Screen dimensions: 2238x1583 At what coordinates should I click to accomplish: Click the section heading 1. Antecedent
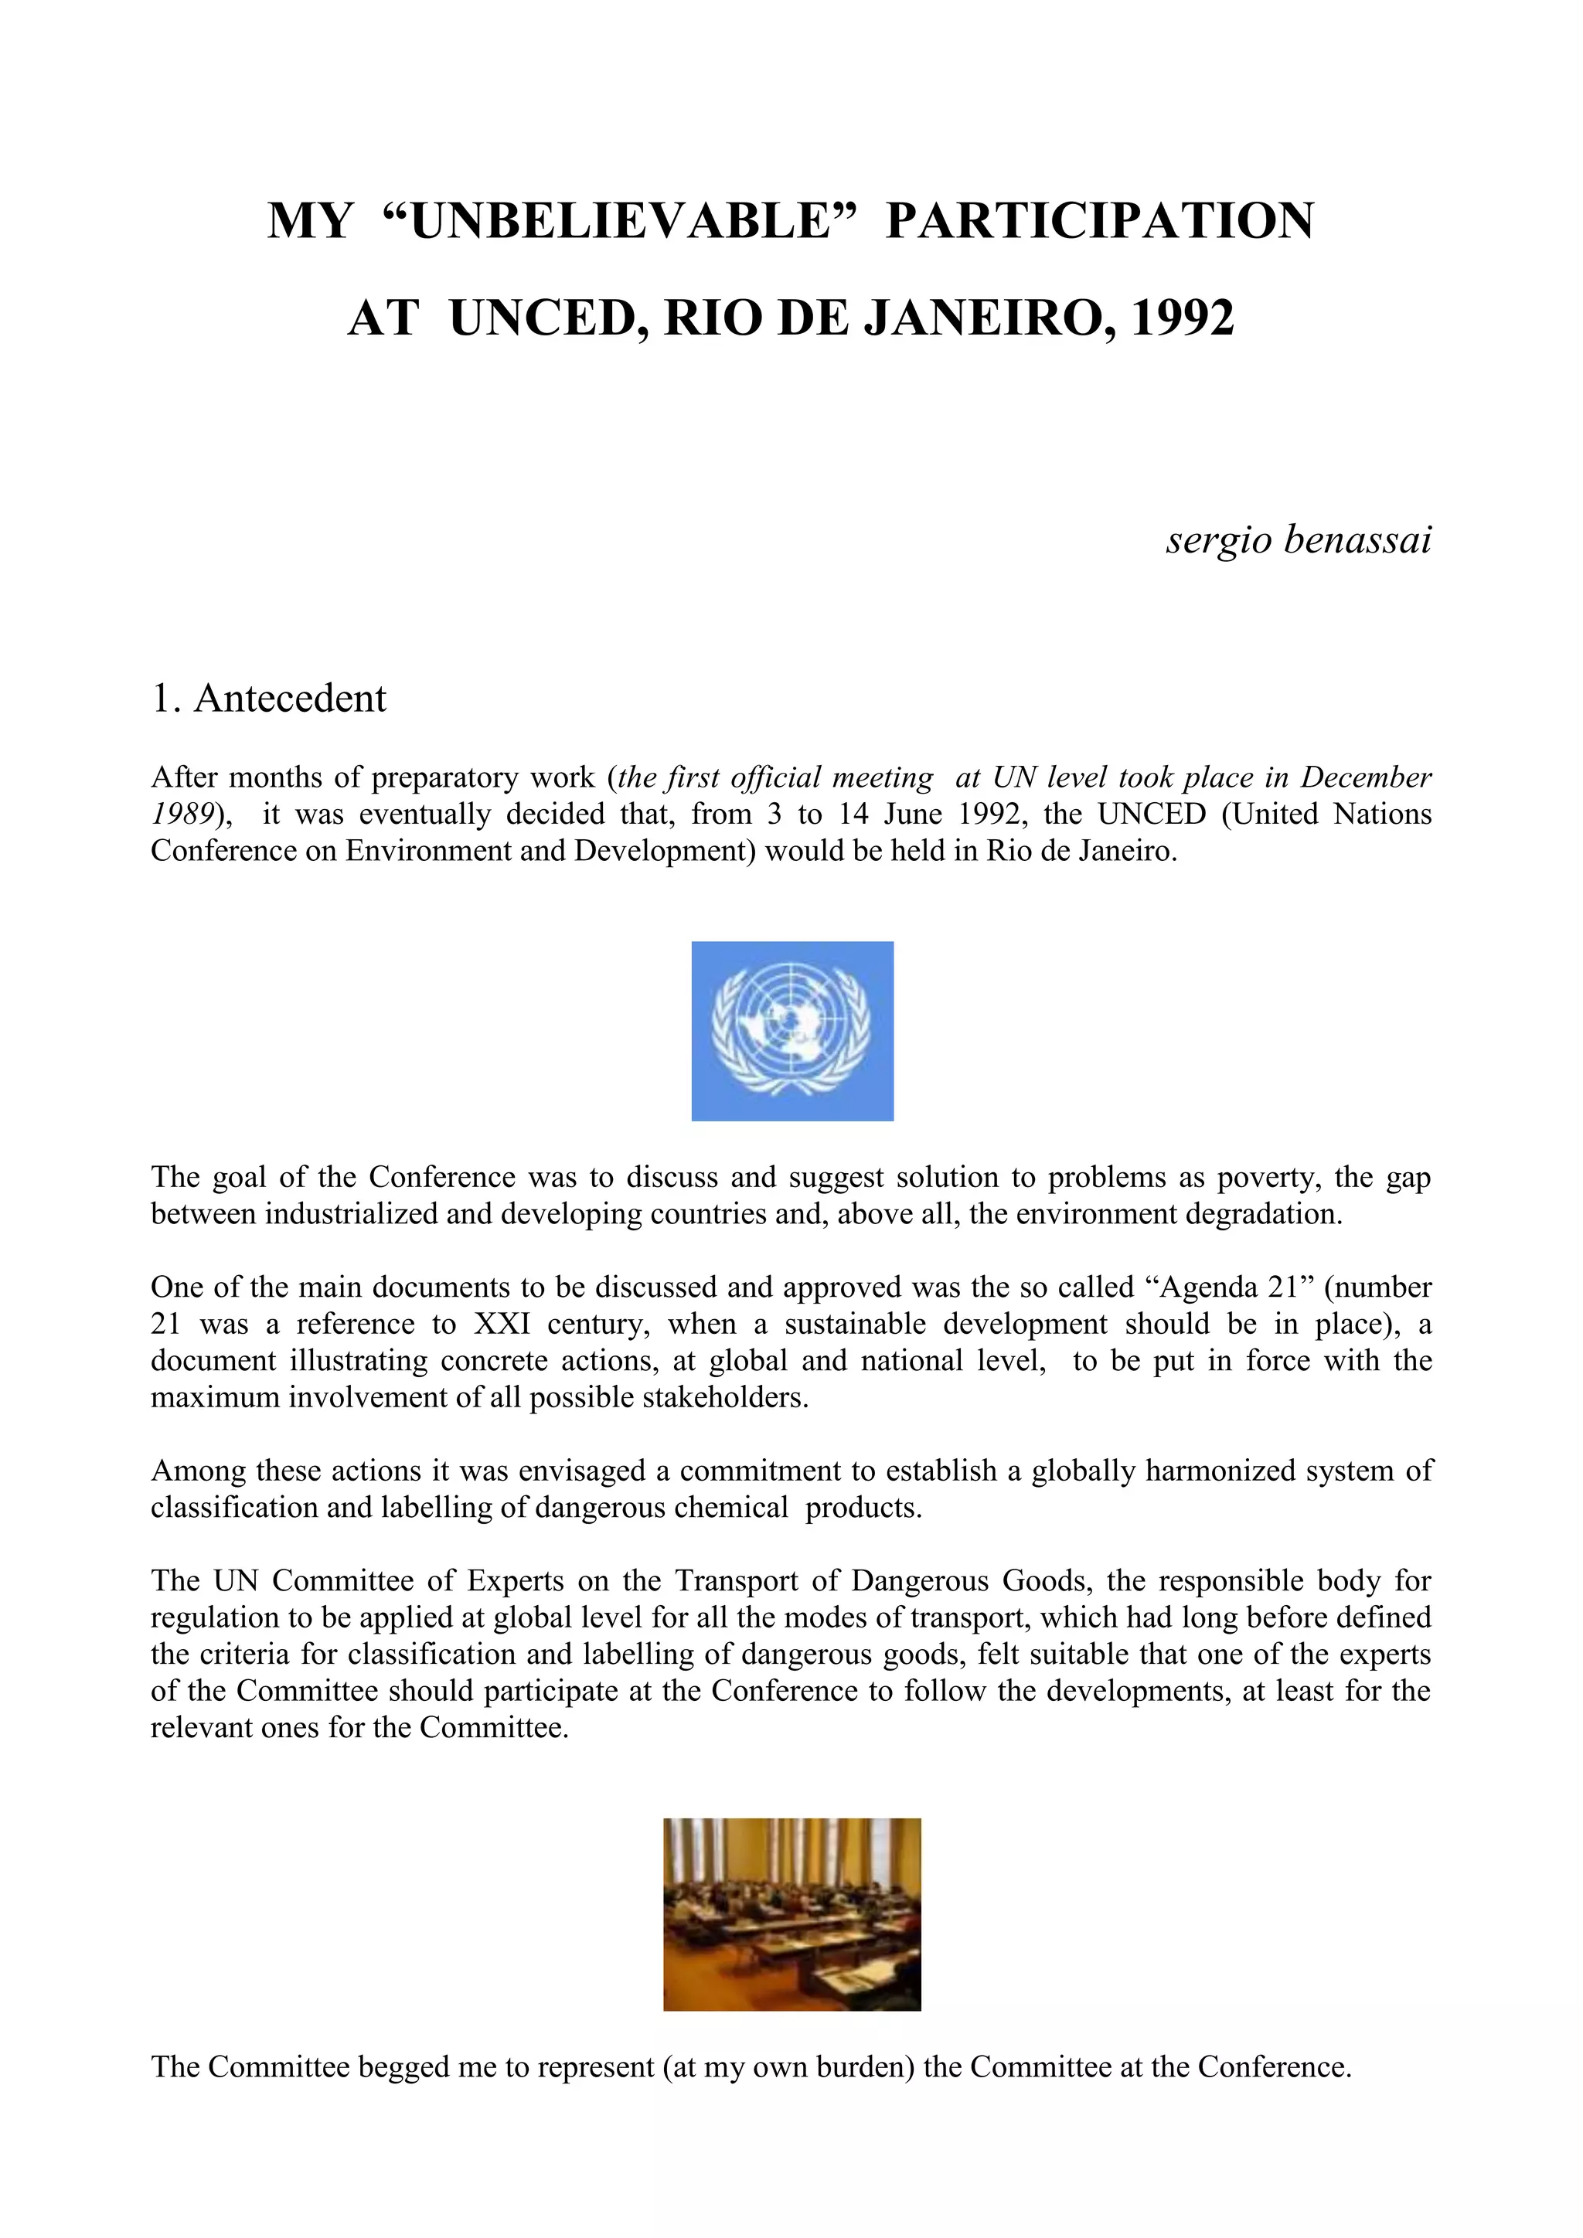pyautogui.click(x=269, y=698)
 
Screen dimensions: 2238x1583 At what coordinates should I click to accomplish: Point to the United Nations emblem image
pyautogui.click(x=791, y=1030)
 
